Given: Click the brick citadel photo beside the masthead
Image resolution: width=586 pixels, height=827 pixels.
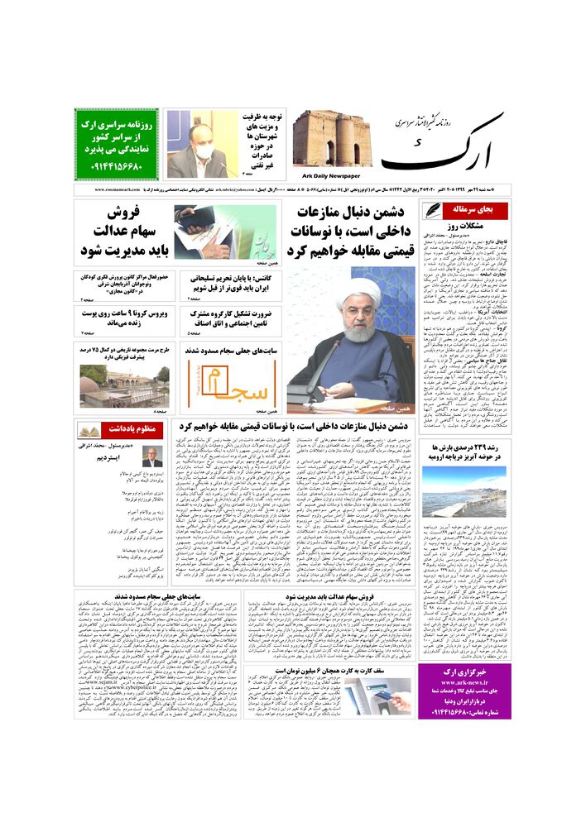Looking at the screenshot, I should coord(330,138).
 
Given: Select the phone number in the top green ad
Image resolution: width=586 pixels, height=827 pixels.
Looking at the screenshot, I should coord(117,167).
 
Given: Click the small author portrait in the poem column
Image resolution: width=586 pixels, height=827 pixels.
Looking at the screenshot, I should coord(151,457).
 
